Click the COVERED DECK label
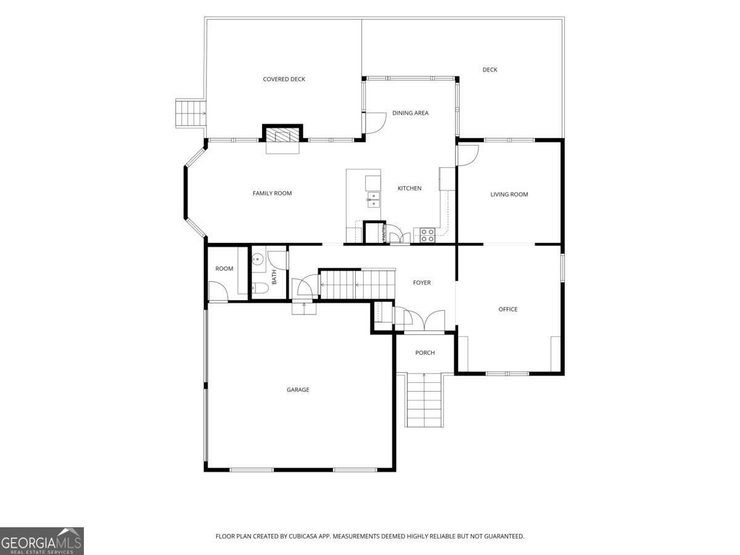pyautogui.click(x=284, y=79)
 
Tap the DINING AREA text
pyautogui.click(x=410, y=113)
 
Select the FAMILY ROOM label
pyautogui.click(x=272, y=193)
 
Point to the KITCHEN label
pyautogui.click(x=409, y=188)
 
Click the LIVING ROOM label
pyautogui.click(x=509, y=194)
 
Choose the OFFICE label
pyautogui.click(x=508, y=310)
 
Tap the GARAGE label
pyautogui.click(x=298, y=390)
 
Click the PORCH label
pyautogui.click(x=425, y=353)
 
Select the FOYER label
pyautogui.click(x=422, y=282)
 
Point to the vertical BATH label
pyautogui.click(x=274, y=277)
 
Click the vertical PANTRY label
pyautogui.click(x=384, y=233)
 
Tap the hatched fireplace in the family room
pyautogui.click(x=282, y=135)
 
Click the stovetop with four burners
pyautogui.click(x=427, y=235)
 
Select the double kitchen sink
pyautogui.click(x=374, y=199)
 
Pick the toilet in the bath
pyautogui.click(x=260, y=288)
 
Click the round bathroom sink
pyautogui.click(x=258, y=259)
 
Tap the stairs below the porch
pyautogui.click(x=424, y=400)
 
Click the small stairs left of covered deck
pyautogui.click(x=191, y=113)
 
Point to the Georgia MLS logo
pyautogui.click(x=42, y=541)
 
